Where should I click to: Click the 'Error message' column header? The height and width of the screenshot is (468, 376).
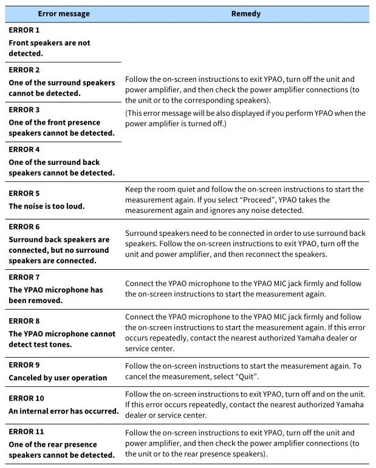coord(63,13)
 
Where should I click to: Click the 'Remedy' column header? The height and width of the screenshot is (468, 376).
coord(245,13)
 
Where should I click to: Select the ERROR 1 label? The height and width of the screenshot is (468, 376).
coord(24,30)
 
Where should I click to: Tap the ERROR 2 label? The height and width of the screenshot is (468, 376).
coord(24,70)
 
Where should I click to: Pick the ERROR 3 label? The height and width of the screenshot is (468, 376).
coord(24,110)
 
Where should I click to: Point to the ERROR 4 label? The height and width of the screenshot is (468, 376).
coord(24,149)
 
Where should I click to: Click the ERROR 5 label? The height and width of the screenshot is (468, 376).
coord(24,193)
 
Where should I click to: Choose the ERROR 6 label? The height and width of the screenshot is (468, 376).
coord(24,227)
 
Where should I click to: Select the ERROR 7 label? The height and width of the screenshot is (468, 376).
coord(24,277)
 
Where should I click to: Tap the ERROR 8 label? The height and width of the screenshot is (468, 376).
coord(24,321)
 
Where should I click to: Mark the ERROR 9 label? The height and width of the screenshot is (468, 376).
coord(24,365)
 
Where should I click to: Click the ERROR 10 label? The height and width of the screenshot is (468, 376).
coord(26,398)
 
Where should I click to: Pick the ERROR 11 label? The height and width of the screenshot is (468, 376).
coord(26,432)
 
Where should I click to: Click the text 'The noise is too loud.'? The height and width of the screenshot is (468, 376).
coord(47,206)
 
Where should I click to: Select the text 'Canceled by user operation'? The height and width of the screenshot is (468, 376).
coord(58,378)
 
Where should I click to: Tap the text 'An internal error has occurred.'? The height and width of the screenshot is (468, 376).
coord(63,411)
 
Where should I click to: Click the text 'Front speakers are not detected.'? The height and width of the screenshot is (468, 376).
coord(49,48)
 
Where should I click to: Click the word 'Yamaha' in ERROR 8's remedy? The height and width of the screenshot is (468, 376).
coord(308,338)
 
